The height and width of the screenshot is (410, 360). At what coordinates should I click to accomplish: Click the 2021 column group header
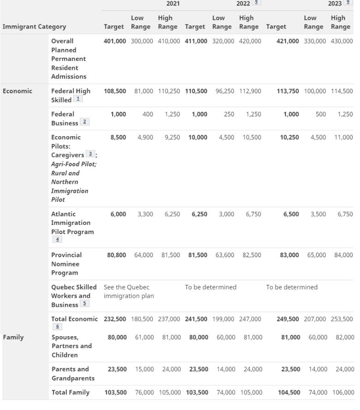(173, 4)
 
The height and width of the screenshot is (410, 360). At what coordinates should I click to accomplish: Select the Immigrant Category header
(34, 27)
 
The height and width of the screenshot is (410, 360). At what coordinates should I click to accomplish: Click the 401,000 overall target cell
(115, 41)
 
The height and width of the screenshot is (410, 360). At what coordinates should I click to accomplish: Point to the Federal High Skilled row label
(70, 95)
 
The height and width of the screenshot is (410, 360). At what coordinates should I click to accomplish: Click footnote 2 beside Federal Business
(84, 122)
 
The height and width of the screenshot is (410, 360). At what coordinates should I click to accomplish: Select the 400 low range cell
(147, 114)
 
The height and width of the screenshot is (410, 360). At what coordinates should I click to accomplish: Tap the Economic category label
(18, 91)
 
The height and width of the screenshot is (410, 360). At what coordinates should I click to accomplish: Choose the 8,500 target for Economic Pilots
(118, 137)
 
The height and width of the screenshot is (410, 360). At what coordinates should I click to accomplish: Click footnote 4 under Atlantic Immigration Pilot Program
(58, 239)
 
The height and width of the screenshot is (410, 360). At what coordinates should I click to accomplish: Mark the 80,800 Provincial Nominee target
(116, 255)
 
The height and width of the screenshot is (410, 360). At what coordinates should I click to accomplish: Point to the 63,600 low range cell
(225, 255)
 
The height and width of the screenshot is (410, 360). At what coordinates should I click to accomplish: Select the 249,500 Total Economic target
(288, 319)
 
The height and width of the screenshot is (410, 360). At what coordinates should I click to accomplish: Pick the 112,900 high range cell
(250, 91)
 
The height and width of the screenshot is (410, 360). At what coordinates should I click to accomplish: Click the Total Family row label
(70, 392)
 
